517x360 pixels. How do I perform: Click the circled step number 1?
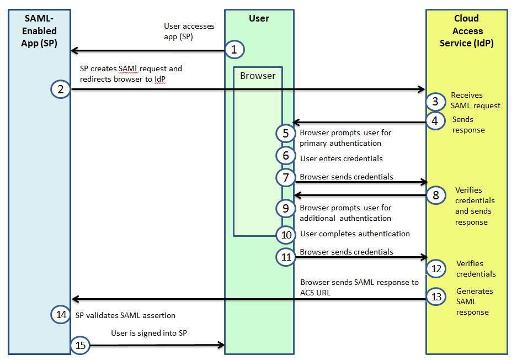[x=234, y=50]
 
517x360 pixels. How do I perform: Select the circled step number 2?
[x=60, y=89]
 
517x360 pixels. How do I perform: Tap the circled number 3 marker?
[x=435, y=102]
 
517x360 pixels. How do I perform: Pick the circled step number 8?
[x=435, y=195]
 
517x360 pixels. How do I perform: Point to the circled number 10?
[x=286, y=234]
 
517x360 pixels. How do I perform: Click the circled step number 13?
[x=436, y=297]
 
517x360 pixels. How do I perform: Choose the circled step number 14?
[x=60, y=315]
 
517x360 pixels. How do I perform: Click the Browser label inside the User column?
[x=258, y=76]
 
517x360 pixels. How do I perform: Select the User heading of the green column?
[x=259, y=18]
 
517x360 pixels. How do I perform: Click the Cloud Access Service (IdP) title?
[x=467, y=31]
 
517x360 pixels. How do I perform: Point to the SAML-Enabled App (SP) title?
[x=39, y=31]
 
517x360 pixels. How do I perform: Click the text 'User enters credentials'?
[x=341, y=158]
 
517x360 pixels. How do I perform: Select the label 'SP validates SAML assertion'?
[x=125, y=315]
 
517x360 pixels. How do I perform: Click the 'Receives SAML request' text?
[x=476, y=100]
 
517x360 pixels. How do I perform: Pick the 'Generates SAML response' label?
[x=474, y=301]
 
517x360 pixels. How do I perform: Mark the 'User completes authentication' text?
[x=355, y=234]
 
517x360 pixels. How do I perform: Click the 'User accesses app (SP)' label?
[x=189, y=31]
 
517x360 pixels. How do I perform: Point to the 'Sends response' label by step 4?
[x=468, y=125]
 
